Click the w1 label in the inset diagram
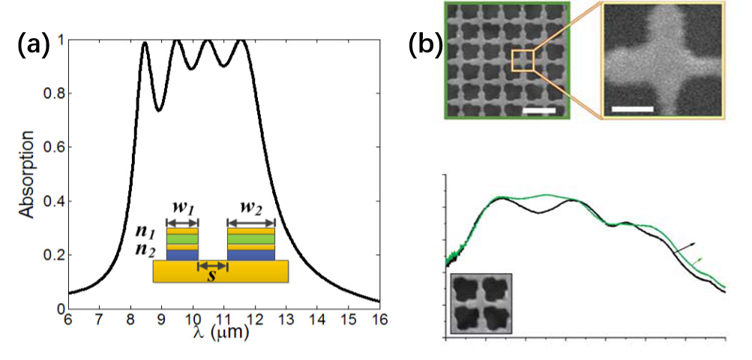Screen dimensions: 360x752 [x=183, y=206]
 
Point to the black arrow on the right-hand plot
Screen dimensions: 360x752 [x=686, y=248]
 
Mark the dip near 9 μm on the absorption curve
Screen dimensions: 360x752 [x=157, y=110]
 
